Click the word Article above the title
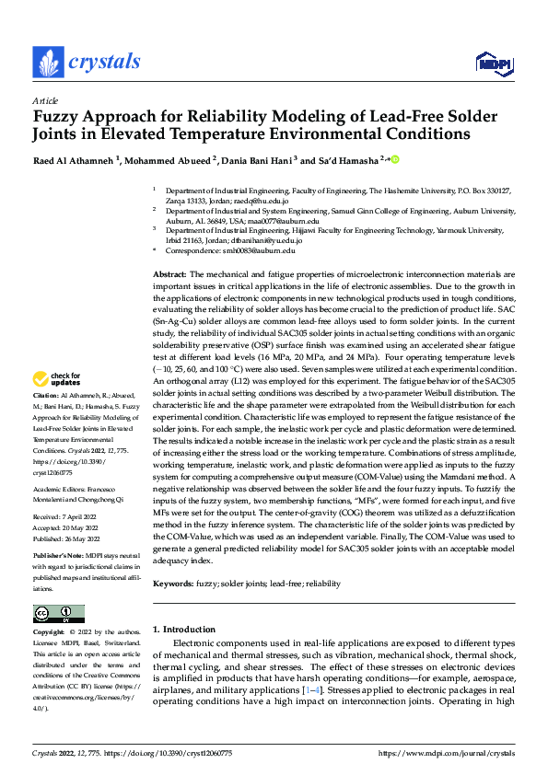(44, 100)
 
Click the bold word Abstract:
(169, 275)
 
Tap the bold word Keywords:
(173, 583)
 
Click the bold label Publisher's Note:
(61, 558)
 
